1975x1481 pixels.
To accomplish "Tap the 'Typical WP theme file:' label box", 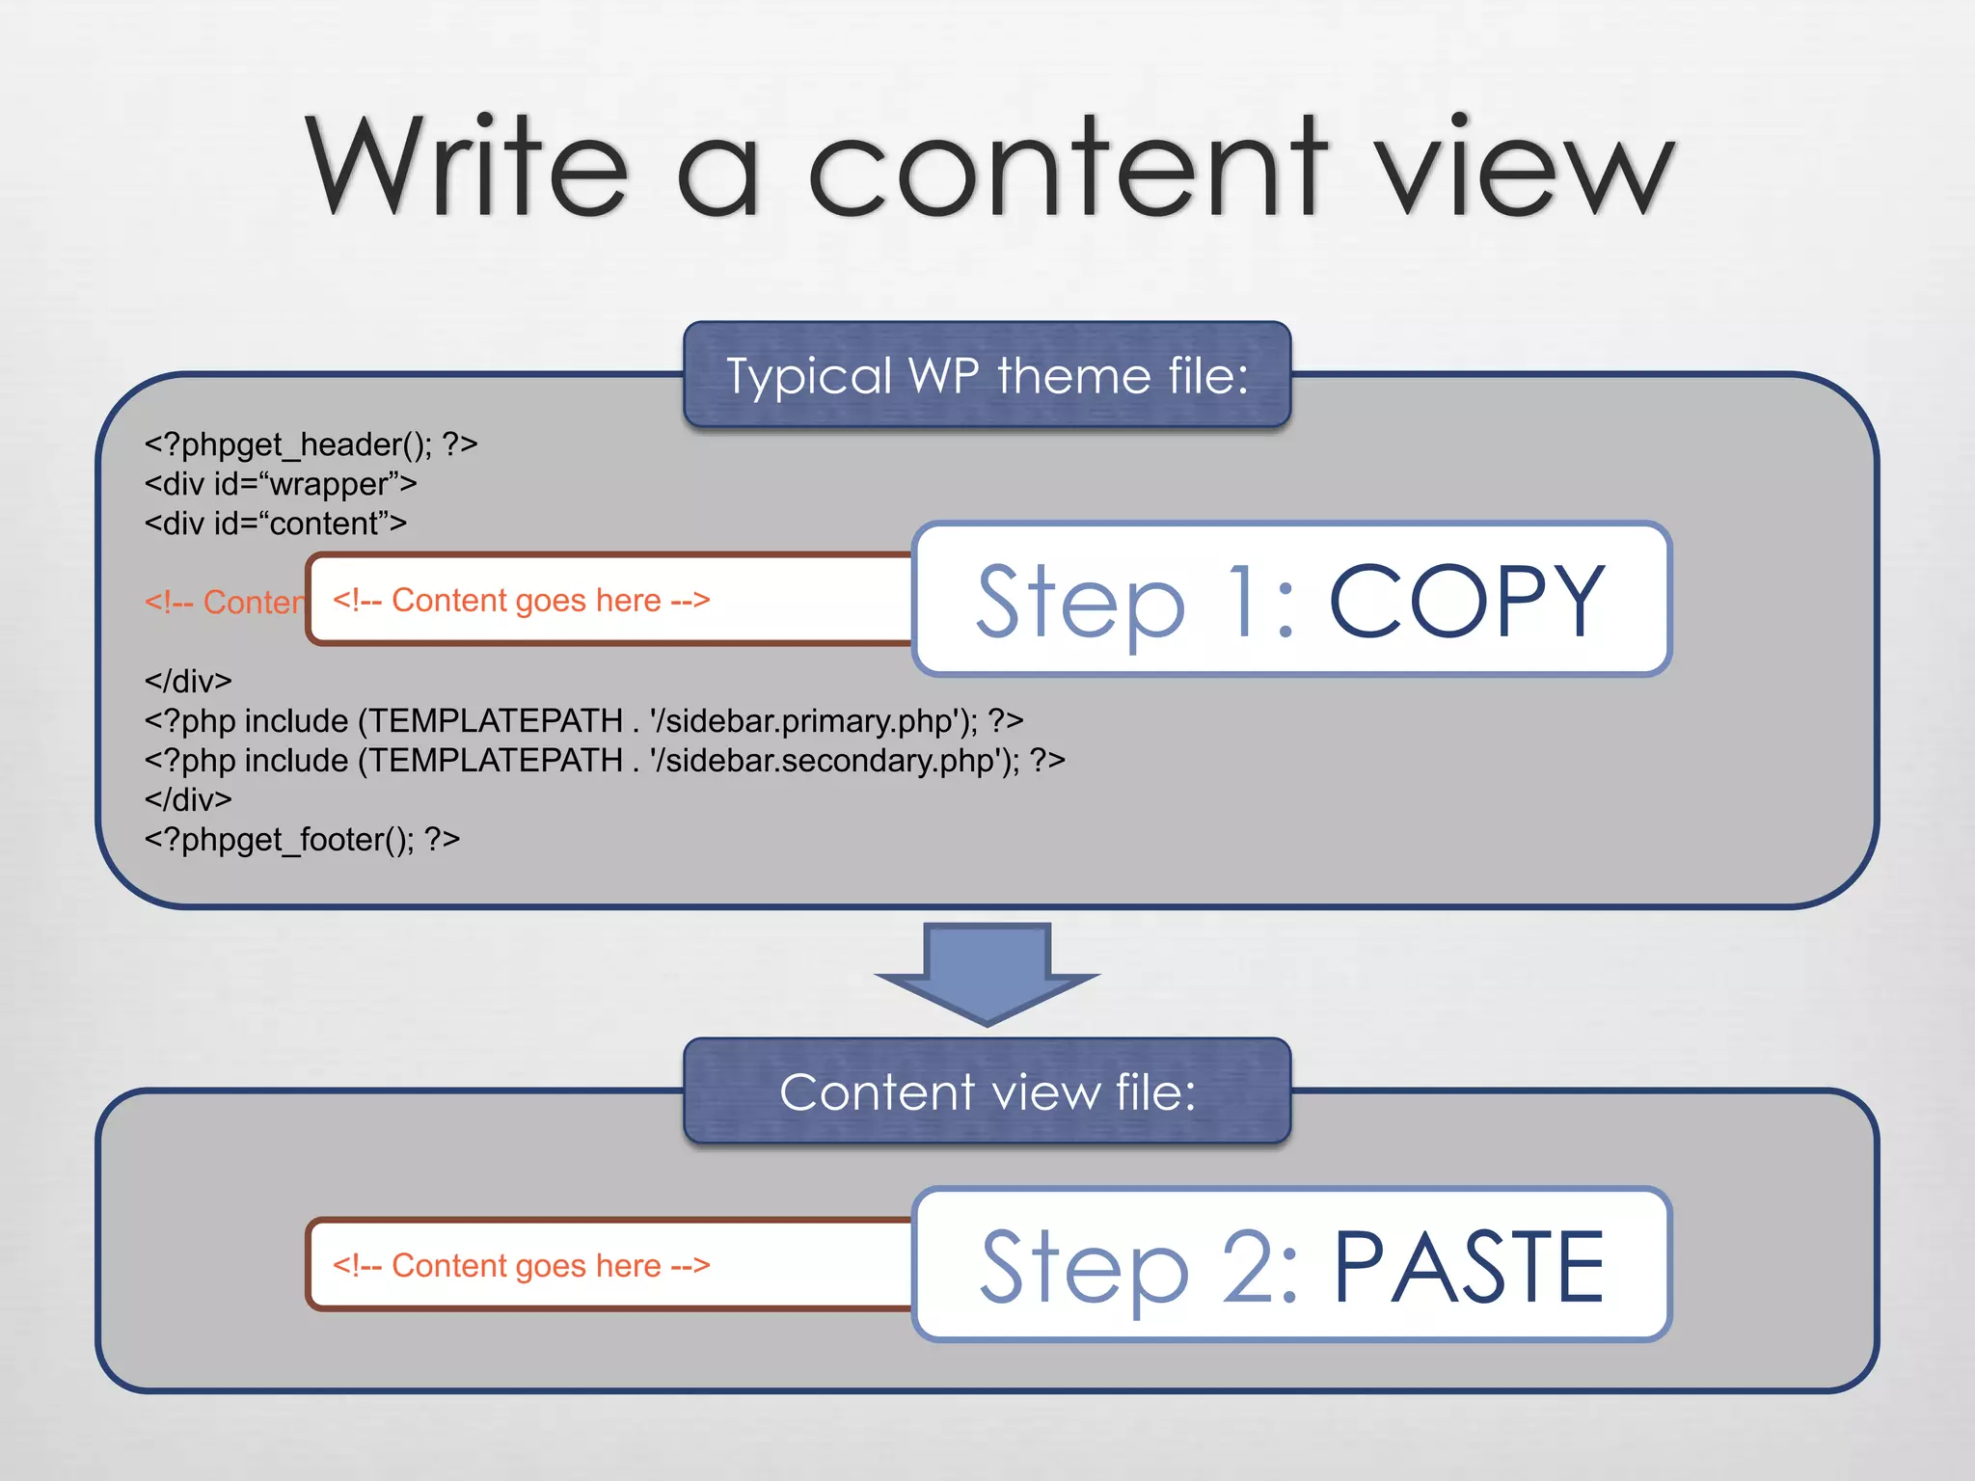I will coord(987,375).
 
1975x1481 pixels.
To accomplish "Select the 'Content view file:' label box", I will coord(987,1091).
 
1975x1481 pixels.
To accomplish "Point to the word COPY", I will coord(1466,602).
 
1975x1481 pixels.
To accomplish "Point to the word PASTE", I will coord(1468,1267).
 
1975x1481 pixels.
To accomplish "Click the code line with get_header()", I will coord(311,444).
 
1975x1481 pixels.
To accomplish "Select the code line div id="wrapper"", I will coord(280,484).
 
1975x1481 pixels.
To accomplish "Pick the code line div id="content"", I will coord(275,524).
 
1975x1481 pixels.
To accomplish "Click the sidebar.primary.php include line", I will coord(583,721).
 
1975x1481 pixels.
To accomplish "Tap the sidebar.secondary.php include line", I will coord(605,761).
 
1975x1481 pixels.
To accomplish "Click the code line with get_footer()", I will coord(302,840).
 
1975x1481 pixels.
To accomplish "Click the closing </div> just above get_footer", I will coord(188,800).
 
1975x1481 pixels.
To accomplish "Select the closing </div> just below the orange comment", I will coord(188,682).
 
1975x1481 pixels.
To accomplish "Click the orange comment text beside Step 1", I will coord(521,601).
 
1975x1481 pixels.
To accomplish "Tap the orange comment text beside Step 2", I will coord(521,1266).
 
